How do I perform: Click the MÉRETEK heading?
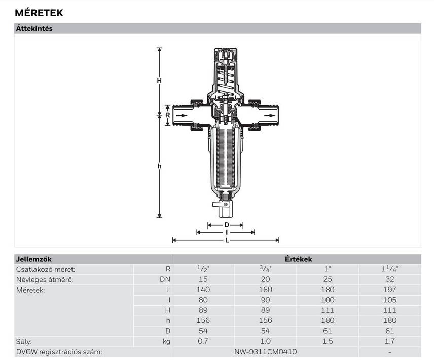(x=39, y=13)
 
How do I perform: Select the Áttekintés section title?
(x=34, y=28)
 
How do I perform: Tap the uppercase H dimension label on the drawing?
(x=159, y=81)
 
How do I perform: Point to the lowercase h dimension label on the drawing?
(x=159, y=166)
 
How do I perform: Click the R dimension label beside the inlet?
(x=168, y=115)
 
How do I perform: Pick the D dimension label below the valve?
(x=227, y=225)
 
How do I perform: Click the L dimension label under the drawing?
(x=227, y=240)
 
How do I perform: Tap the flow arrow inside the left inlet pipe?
(x=182, y=116)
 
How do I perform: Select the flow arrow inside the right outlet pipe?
(x=269, y=116)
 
